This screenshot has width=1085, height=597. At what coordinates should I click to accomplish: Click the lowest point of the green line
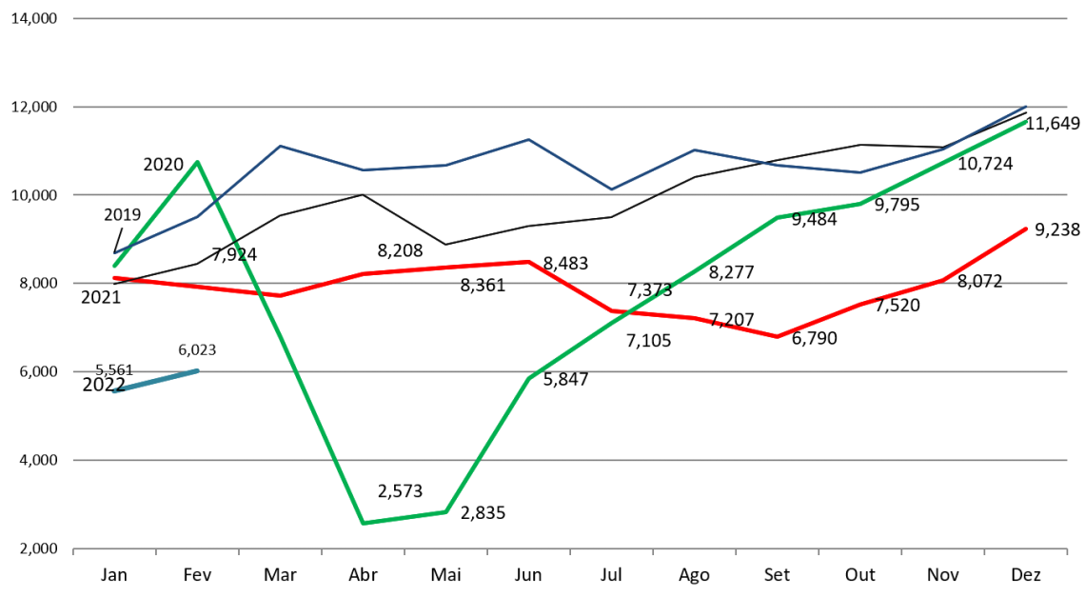pyautogui.click(x=364, y=523)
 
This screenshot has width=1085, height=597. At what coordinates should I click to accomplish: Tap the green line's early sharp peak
pyautogui.click(x=197, y=162)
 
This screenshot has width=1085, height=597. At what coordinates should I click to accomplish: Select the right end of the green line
pyautogui.click(x=1026, y=122)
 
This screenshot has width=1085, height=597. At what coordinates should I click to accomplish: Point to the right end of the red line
pyautogui.click(x=1026, y=229)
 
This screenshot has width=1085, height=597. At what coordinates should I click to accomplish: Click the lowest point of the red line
pyautogui.click(x=778, y=336)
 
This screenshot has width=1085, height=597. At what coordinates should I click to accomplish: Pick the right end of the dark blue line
pyautogui.click(x=1026, y=106)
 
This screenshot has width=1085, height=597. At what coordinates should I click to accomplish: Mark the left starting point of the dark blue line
pyautogui.click(x=115, y=253)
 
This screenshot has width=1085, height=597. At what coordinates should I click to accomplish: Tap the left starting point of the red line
pyautogui.click(x=114, y=278)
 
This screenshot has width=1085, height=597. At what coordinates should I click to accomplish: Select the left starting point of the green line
pyautogui.click(x=114, y=266)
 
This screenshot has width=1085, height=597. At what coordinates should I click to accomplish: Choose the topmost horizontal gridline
pyautogui.click(x=571, y=18)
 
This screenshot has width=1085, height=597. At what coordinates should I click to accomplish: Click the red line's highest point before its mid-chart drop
pyautogui.click(x=529, y=261)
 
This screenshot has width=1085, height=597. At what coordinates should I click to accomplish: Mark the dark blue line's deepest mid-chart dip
pyautogui.click(x=612, y=189)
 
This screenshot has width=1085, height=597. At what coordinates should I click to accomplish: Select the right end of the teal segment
pyautogui.click(x=197, y=370)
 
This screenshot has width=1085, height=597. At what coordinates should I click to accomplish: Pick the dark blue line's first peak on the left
pyautogui.click(x=280, y=146)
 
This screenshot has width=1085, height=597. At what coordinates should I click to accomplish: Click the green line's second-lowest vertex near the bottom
pyautogui.click(x=446, y=512)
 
